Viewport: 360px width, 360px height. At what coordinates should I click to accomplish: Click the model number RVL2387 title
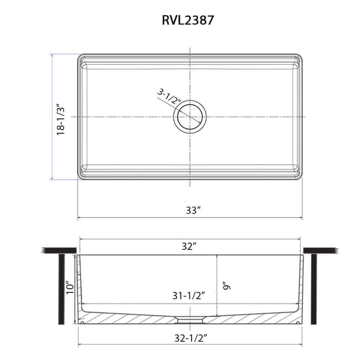pyautogui.click(x=188, y=20)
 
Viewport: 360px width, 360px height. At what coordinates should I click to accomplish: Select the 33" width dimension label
pyautogui.click(x=193, y=211)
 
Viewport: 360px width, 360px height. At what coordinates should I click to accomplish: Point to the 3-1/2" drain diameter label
pyautogui.click(x=169, y=96)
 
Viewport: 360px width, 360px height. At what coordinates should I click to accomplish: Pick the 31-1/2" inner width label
pyautogui.click(x=189, y=296)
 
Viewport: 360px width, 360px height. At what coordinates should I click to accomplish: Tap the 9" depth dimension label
pyautogui.click(x=226, y=286)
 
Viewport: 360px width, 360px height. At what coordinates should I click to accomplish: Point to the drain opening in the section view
pyautogui.click(x=190, y=319)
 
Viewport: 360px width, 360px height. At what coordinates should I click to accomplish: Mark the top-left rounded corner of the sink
pyautogui.click(x=81, y=57)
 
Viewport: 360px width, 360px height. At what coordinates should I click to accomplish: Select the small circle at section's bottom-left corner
pyautogui.click(x=82, y=323)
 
